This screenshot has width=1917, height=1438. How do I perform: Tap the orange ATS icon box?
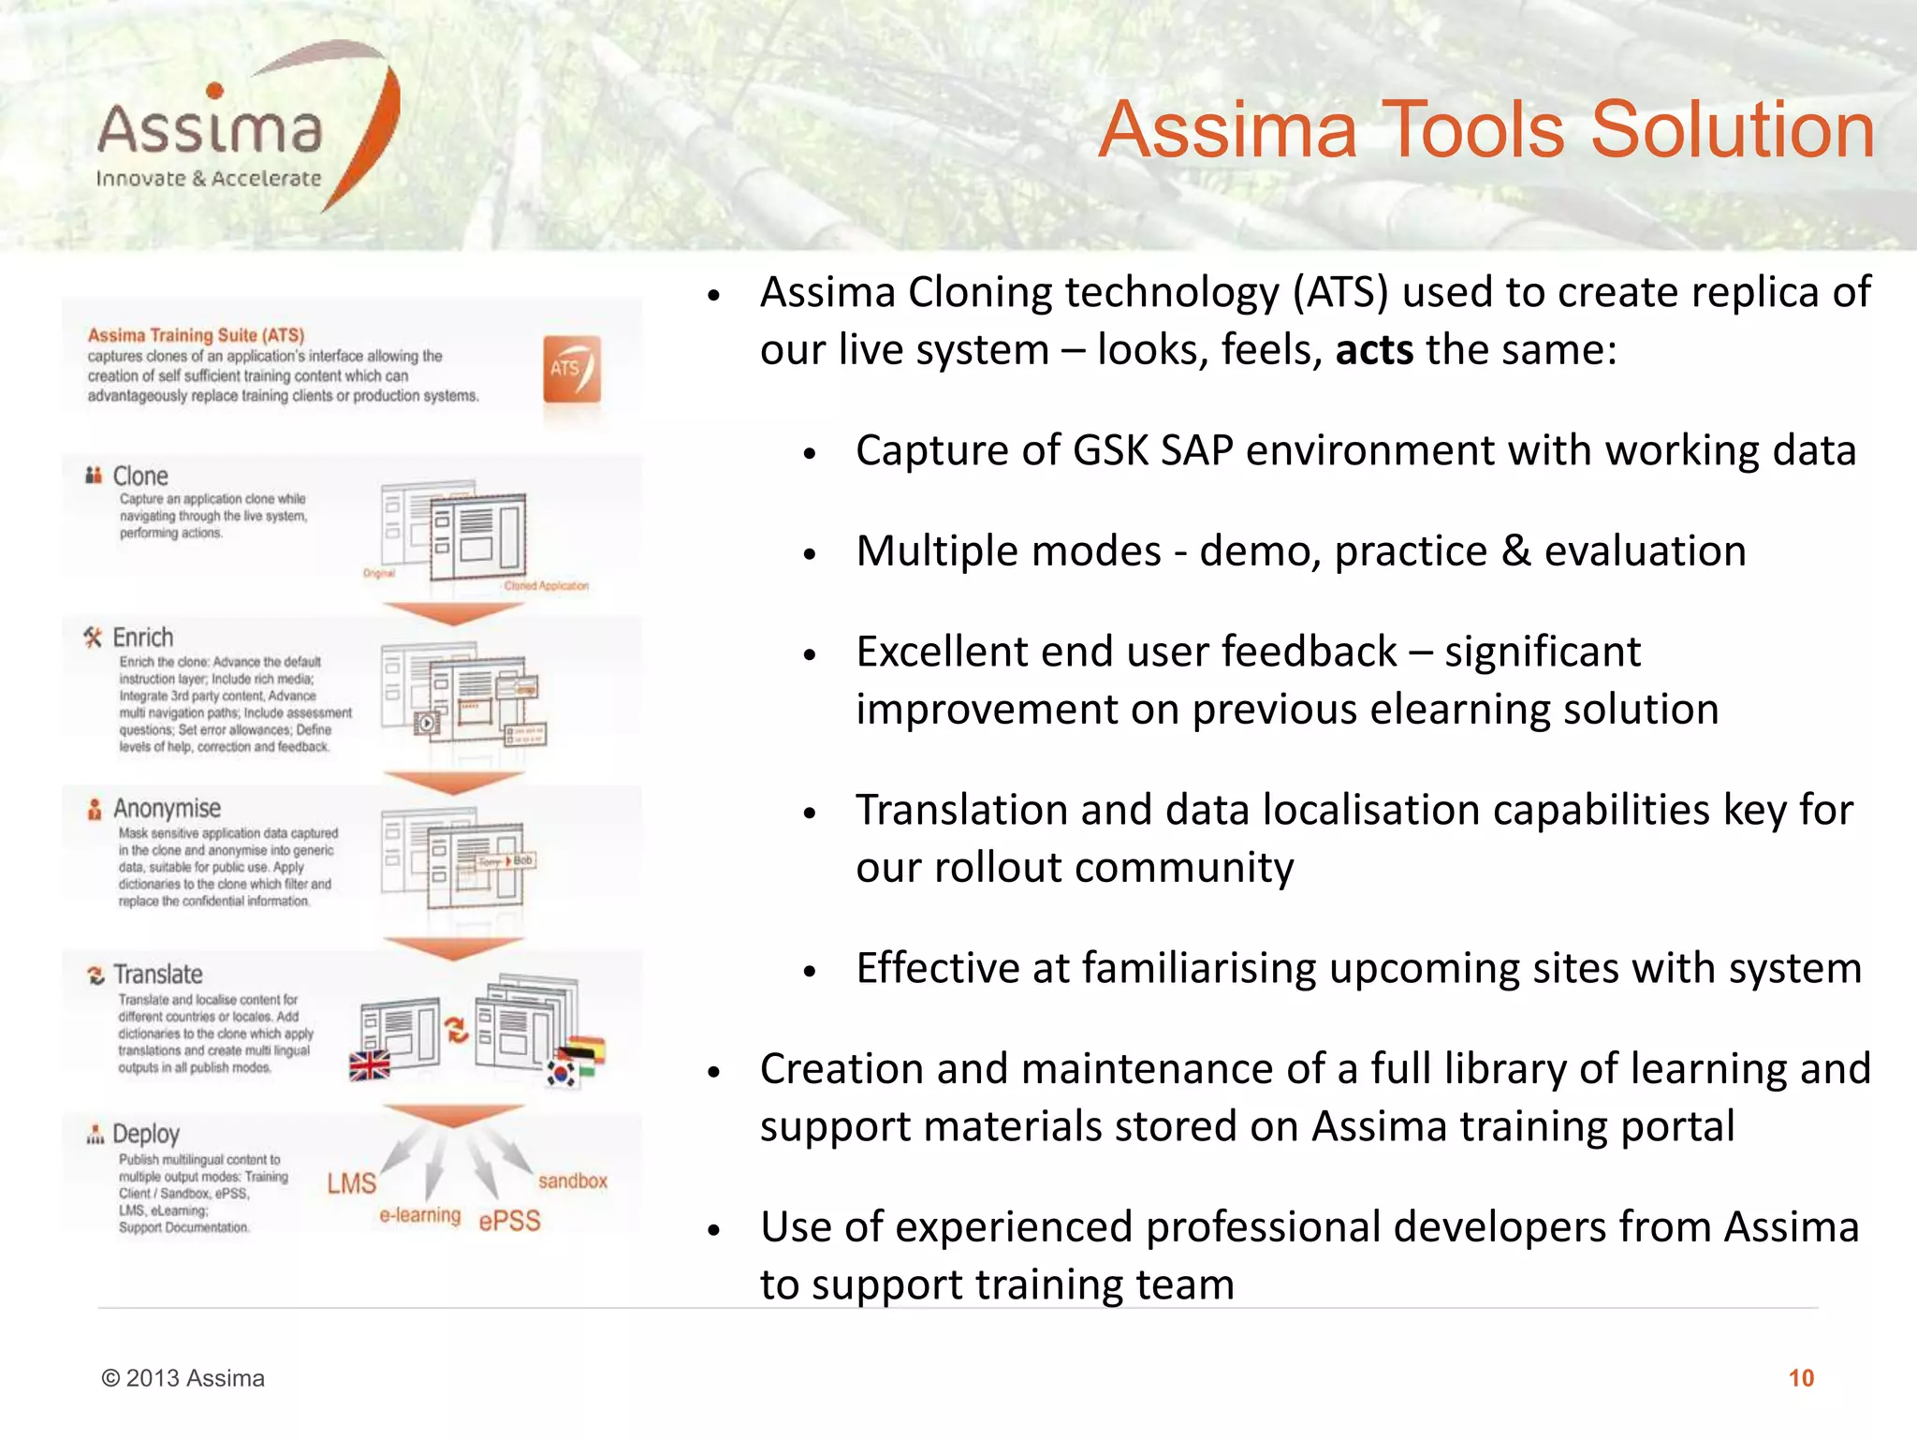pyautogui.click(x=571, y=369)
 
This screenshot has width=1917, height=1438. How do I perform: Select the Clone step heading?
pyautogui.click(x=139, y=477)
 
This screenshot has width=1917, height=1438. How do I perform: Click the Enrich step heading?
pyautogui.click(x=142, y=638)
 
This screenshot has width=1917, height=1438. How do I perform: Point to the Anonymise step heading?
pyautogui.click(x=167, y=808)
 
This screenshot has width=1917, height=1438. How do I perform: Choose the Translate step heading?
pyautogui.click(x=157, y=975)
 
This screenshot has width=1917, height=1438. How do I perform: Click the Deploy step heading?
pyautogui.click(x=145, y=1135)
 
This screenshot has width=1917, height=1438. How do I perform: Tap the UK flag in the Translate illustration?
pyautogui.click(x=370, y=1065)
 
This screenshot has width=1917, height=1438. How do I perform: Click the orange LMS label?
pyautogui.click(x=351, y=1184)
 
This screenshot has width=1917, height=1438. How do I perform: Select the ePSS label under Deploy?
pyautogui.click(x=509, y=1221)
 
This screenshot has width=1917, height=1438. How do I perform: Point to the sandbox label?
pyautogui.click(x=573, y=1181)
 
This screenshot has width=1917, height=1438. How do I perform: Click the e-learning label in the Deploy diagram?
pyautogui.click(x=420, y=1215)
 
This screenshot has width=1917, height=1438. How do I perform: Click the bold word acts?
pyautogui.click(x=1373, y=350)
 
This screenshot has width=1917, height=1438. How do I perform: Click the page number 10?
pyautogui.click(x=1800, y=1378)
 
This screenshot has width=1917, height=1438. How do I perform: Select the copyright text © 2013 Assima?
pyautogui.click(x=183, y=1378)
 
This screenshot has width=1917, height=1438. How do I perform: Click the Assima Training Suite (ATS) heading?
pyautogui.click(x=196, y=335)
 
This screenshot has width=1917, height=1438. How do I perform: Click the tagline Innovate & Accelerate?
pyautogui.click(x=208, y=179)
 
